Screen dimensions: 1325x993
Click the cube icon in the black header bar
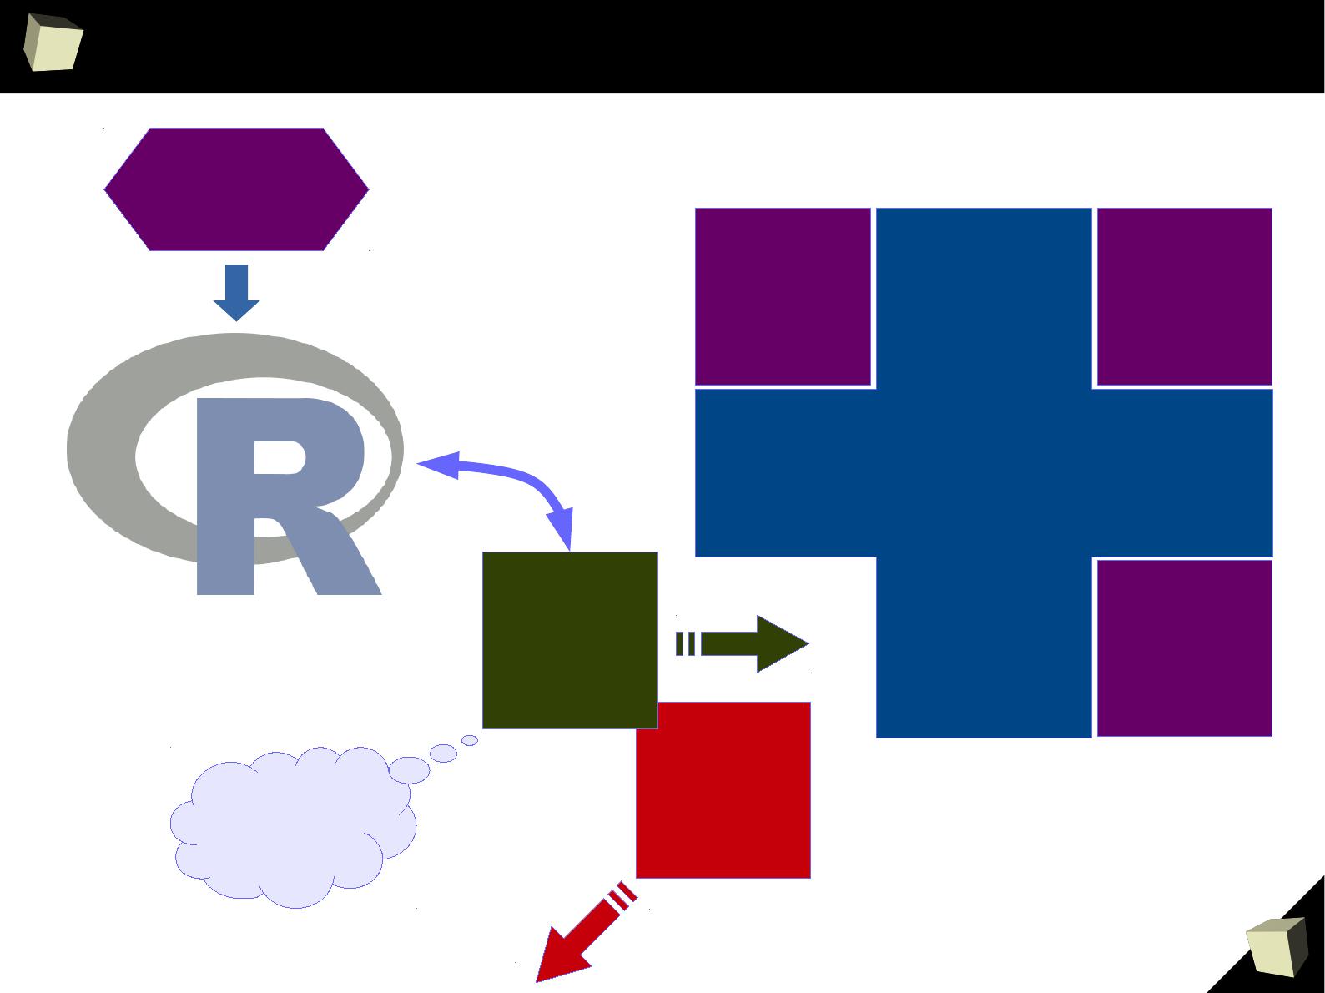53,43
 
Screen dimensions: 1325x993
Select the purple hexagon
236,189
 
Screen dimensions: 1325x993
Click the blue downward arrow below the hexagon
236,293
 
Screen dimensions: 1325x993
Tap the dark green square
570,640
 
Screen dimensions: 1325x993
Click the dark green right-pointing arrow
743,643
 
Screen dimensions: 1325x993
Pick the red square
723,791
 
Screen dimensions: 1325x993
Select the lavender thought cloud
294,828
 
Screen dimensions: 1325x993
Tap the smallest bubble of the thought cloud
470,740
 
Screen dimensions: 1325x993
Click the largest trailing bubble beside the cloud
409,770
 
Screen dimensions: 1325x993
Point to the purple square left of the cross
783,296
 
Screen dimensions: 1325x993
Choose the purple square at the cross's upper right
1184,296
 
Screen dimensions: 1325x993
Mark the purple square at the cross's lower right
1184,648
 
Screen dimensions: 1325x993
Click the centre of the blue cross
984,472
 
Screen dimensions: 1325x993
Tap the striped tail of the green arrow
685,643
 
